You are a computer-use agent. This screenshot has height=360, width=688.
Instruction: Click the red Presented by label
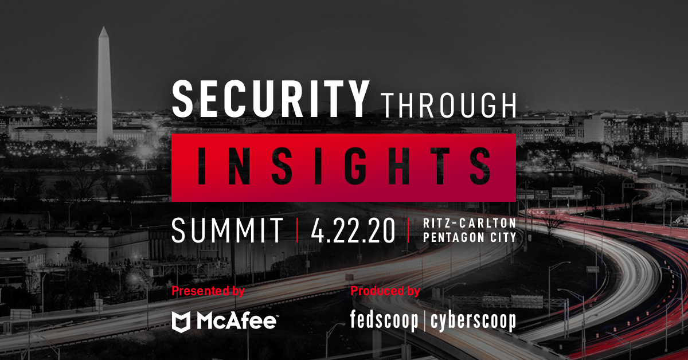coord(208,291)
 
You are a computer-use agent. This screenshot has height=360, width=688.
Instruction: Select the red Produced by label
coord(385,291)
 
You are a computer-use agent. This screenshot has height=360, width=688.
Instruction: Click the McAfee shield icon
coord(182,322)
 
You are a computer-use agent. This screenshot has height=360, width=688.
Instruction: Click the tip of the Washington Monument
coord(104,27)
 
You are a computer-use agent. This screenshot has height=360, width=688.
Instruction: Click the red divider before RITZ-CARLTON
coord(408,230)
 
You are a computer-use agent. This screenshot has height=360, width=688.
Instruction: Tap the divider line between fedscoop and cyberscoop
coord(425,322)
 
